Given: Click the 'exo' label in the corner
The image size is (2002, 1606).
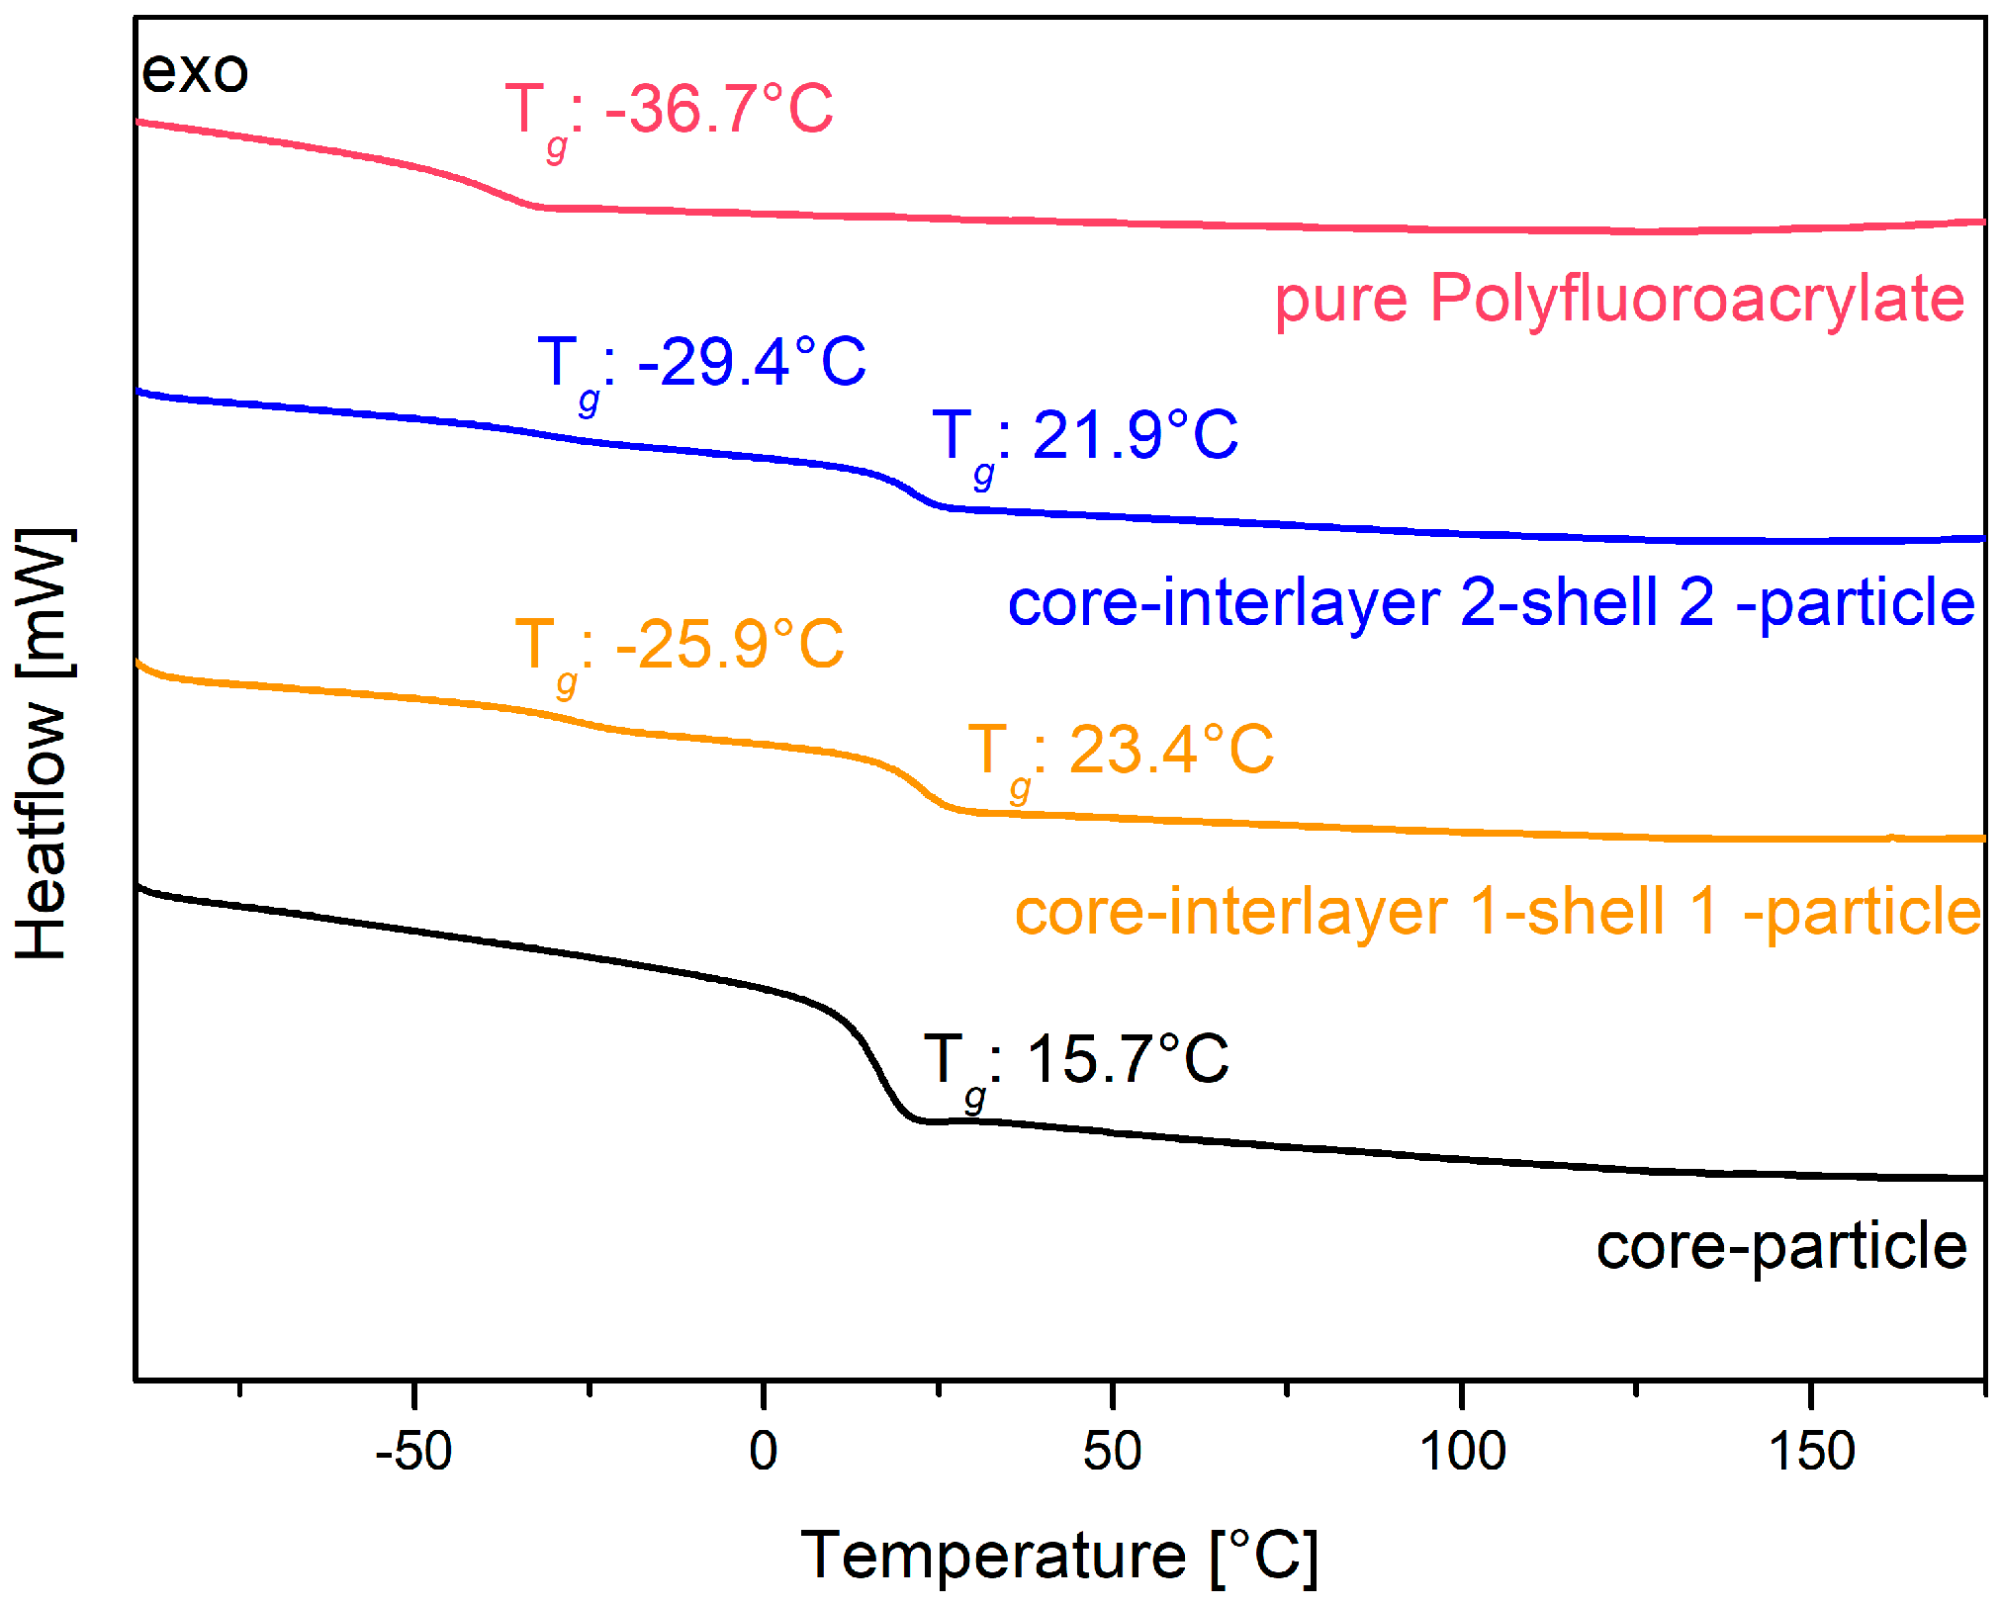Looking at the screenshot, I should (194, 72).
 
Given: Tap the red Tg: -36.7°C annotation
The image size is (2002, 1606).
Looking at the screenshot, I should (670, 111).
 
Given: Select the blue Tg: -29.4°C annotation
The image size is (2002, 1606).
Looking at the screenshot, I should (701, 364).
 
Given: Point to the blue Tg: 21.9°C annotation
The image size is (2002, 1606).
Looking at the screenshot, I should (1085, 437).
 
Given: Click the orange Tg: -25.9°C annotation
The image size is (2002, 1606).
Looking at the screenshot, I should (680, 647).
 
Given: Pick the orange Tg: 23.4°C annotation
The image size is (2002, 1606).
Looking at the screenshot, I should (1121, 752).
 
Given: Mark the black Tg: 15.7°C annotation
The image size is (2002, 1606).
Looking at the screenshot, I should (1076, 1062).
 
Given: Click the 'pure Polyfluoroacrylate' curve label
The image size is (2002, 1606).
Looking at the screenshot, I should (1619, 299).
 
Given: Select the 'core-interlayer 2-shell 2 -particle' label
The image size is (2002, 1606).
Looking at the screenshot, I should (1491, 603).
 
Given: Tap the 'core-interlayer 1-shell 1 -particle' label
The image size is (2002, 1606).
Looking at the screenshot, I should (1498, 912).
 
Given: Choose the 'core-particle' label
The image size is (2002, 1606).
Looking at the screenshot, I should (1781, 1246).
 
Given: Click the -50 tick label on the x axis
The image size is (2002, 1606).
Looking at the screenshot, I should (413, 1452).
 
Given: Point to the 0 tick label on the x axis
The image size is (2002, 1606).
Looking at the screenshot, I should (763, 1452).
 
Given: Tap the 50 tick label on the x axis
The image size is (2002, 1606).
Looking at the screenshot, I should (1112, 1452).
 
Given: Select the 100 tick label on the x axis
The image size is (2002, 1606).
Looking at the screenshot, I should (1462, 1452).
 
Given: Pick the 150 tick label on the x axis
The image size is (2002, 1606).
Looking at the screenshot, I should (1811, 1452).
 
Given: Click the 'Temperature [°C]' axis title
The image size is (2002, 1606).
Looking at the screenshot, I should (1058, 1557).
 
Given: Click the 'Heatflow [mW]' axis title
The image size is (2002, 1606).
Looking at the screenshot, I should (42, 744).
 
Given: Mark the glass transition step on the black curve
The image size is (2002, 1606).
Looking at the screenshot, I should (875, 1063).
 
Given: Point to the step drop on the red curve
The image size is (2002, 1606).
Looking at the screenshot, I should (495, 188).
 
